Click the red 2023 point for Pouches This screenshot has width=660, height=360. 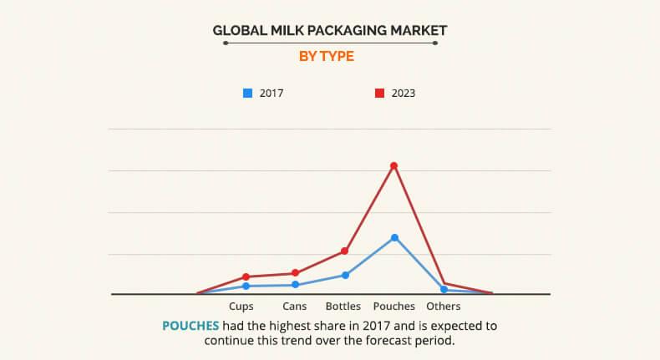tap(393, 165)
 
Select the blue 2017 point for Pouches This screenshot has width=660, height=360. tap(393, 237)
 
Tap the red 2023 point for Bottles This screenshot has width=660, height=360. tap(344, 251)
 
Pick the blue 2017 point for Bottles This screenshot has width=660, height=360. tap(344, 275)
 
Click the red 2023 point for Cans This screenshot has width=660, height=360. tap(295, 273)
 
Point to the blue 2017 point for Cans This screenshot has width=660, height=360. tap(295, 285)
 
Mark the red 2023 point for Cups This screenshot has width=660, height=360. tap(246, 276)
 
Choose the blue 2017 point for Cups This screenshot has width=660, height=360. tap(246, 286)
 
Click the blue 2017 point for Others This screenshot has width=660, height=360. tap(444, 289)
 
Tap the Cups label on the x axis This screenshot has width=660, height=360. tap(241, 307)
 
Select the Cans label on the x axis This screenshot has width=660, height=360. tap(295, 307)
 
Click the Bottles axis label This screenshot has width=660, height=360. tap(343, 307)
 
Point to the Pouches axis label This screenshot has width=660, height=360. tap(393, 307)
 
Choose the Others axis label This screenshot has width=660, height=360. tap(443, 307)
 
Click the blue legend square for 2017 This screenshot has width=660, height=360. tap(247, 94)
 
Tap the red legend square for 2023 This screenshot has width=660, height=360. tap(378, 94)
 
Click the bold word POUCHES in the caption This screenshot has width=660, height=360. tap(190, 326)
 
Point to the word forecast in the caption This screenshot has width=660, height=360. tap(384, 342)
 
